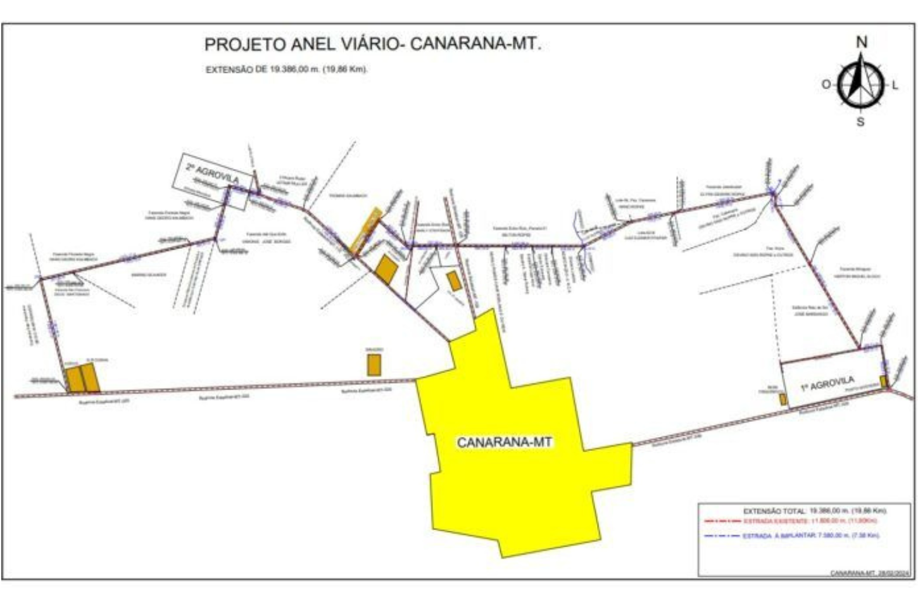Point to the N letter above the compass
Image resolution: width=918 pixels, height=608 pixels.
[x=861, y=42]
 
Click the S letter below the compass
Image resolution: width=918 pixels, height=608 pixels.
[x=860, y=122]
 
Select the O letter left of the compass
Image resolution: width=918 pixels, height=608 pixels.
[x=826, y=84]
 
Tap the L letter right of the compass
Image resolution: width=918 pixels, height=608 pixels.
[x=895, y=85]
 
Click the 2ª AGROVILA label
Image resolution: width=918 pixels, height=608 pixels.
[x=212, y=174]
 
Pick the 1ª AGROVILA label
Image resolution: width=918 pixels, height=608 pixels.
[x=827, y=384]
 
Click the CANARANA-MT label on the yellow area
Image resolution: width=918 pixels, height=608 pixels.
[x=504, y=442]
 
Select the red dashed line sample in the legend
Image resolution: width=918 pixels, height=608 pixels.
[x=722, y=521]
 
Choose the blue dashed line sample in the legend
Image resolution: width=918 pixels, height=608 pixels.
[x=722, y=536]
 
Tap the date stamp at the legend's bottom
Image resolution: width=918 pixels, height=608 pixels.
[x=870, y=573]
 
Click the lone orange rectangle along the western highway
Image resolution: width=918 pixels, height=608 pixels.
[x=374, y=365]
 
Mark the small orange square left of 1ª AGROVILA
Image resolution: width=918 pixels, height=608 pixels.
[x=783, y=399]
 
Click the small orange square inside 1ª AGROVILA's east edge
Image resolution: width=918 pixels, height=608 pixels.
[x=883, y=381]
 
